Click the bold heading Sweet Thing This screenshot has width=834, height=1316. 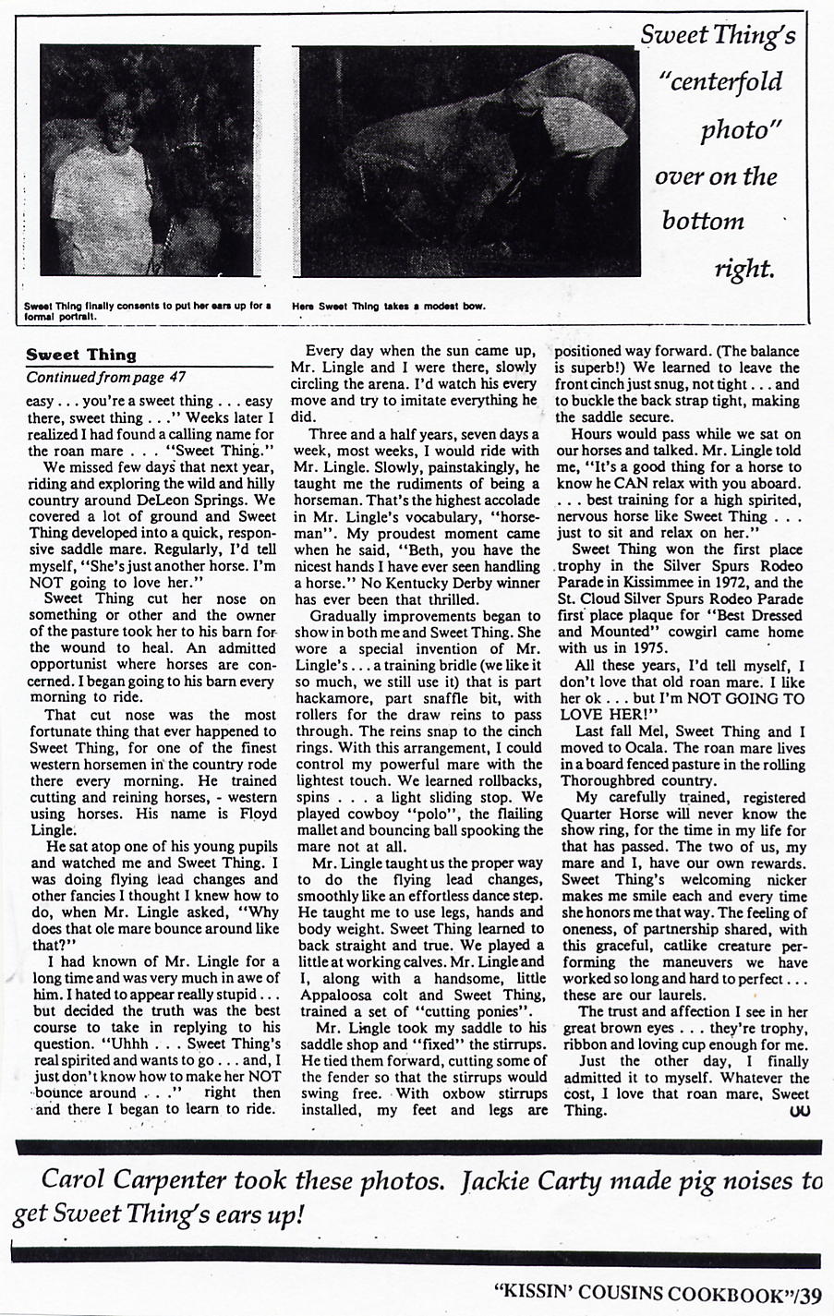pos(81,355)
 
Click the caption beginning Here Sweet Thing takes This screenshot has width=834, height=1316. pos(389,307)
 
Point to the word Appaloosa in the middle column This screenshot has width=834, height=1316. pos(339,995)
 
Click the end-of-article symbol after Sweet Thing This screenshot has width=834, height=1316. pos(800,1111)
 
